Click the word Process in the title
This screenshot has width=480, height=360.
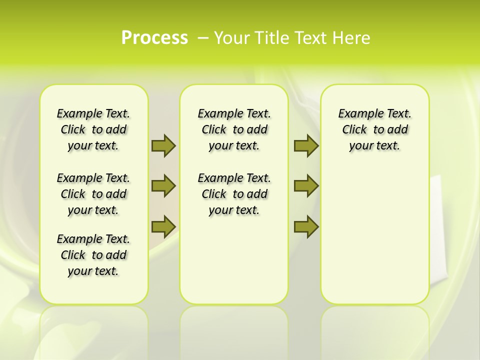154,38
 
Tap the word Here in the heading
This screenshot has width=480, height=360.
352,38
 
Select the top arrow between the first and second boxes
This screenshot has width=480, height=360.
163,145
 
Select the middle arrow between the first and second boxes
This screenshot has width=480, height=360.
163,186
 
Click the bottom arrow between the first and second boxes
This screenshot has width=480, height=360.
163,226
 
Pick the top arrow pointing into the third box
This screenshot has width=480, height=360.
306,145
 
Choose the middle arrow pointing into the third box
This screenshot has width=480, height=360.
306,186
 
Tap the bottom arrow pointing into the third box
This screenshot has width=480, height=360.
306,226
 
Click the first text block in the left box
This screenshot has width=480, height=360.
93,129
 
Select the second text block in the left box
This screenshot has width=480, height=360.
93,194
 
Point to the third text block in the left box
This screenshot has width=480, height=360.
93,255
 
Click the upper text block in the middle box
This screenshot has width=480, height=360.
234,129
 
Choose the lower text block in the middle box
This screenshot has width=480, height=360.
234,194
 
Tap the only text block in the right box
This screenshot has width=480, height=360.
374,129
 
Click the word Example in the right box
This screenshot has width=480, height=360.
357,114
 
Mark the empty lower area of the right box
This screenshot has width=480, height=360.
374,235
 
